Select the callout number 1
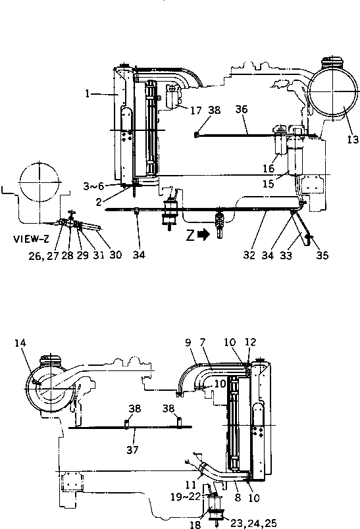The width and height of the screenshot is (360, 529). pyautogui.click(x=87, y=94)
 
